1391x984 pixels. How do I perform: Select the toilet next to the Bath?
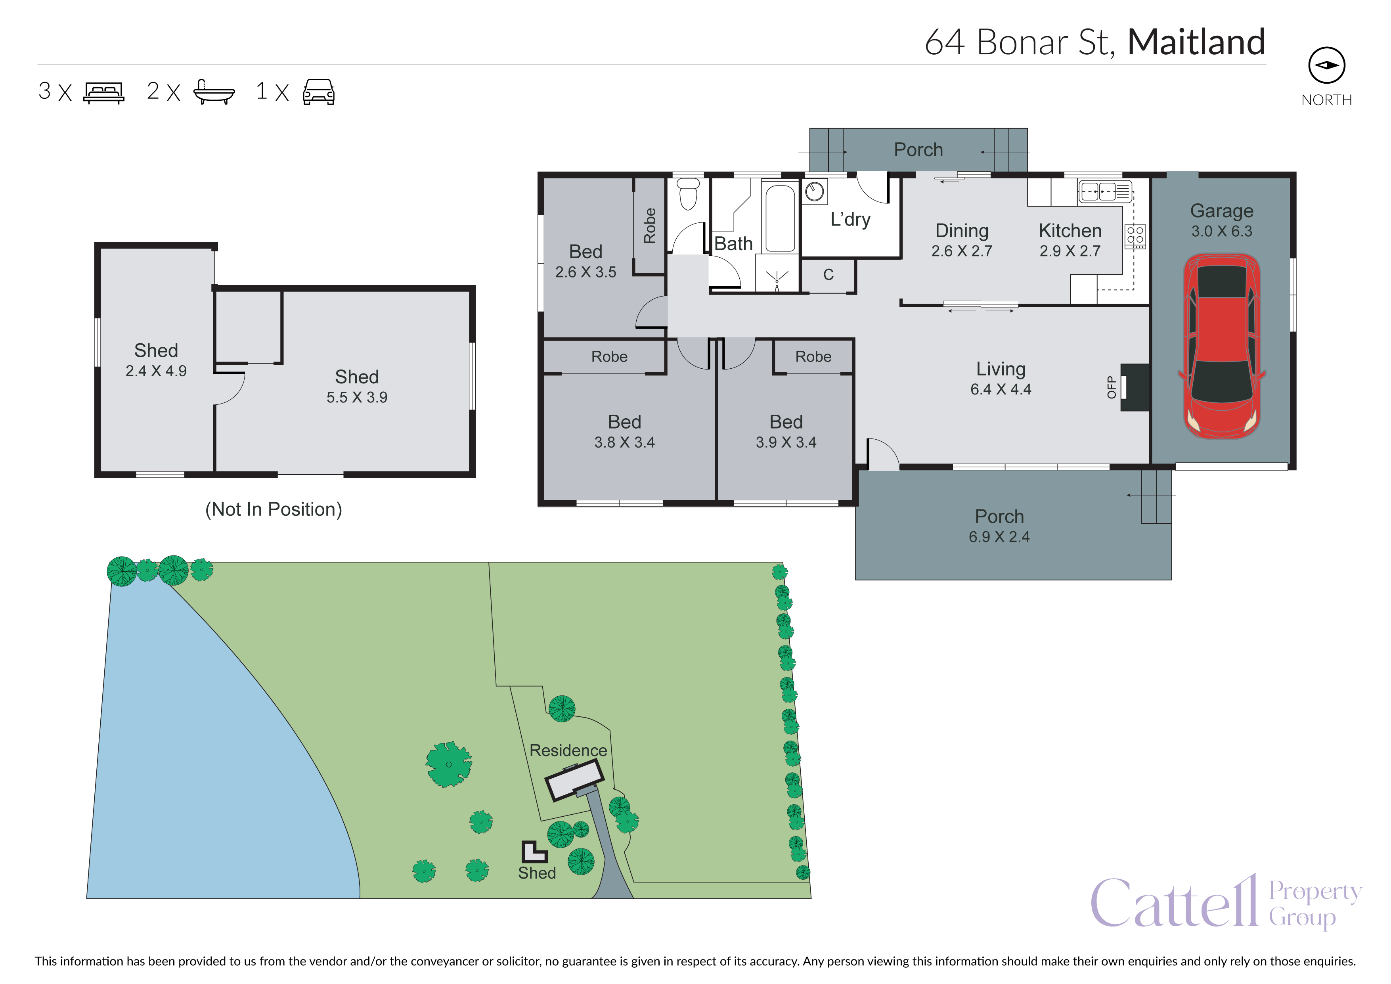click(x=688, y=194)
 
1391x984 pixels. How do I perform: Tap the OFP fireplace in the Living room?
click(x=1134, y=388)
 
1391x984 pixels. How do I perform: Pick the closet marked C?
click(x=828, y=276)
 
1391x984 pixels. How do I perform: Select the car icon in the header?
click(x=319, y=92)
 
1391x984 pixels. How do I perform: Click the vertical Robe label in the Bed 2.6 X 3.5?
click(x=649, y=226)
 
